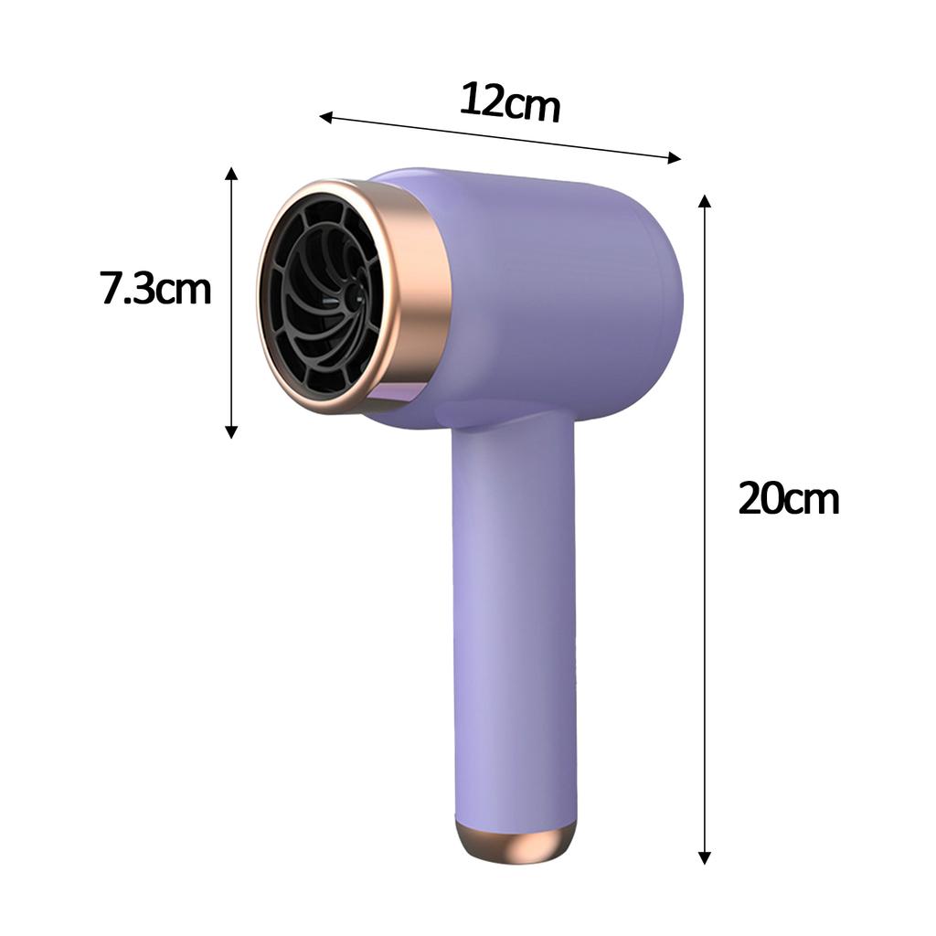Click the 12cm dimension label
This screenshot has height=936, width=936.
[509, 102]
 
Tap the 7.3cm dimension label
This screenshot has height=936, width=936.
[155, 289]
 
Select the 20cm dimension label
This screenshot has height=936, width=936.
[788, 499]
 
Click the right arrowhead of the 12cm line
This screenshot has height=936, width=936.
[675, 158]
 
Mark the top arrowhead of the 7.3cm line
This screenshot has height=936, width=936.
[231, 174]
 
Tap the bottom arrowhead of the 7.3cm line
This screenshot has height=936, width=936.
[231, 431]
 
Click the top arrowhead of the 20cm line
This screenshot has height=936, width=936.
[704, 200]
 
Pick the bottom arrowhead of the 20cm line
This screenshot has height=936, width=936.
[704, 857]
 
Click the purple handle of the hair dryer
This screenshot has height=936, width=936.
[514, 622]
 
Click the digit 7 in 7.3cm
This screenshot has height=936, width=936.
[111, 289]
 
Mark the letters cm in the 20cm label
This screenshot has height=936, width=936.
[814, 501]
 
